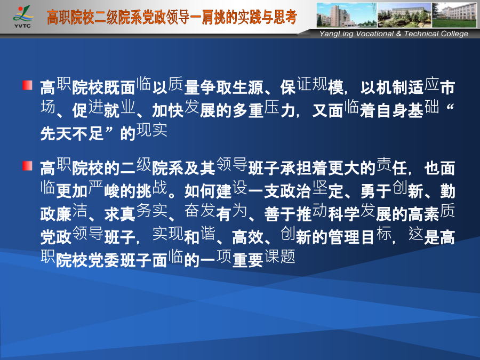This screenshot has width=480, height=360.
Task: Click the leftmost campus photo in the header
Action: pos(347,15)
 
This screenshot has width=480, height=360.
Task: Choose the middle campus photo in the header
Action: pos(404,15)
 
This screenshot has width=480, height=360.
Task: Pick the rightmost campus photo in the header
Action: pos(454,15)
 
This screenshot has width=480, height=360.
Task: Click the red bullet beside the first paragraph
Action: pos(28,85)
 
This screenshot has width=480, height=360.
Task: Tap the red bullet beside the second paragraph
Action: pos(28,166)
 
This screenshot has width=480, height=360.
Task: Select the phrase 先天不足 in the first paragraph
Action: pos(72,133)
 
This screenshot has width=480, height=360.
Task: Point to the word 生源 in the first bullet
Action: pos(248,87)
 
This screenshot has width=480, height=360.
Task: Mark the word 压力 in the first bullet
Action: pos(280,109)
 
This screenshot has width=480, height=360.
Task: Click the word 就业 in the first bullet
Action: pos(119,109)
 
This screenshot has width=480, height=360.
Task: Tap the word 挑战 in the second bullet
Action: pos(151,190)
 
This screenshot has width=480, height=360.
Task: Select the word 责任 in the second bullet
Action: pos(392,167)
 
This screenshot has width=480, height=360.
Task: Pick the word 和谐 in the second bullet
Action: pos(200,236)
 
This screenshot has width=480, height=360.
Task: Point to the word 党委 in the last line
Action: pos(104,260)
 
